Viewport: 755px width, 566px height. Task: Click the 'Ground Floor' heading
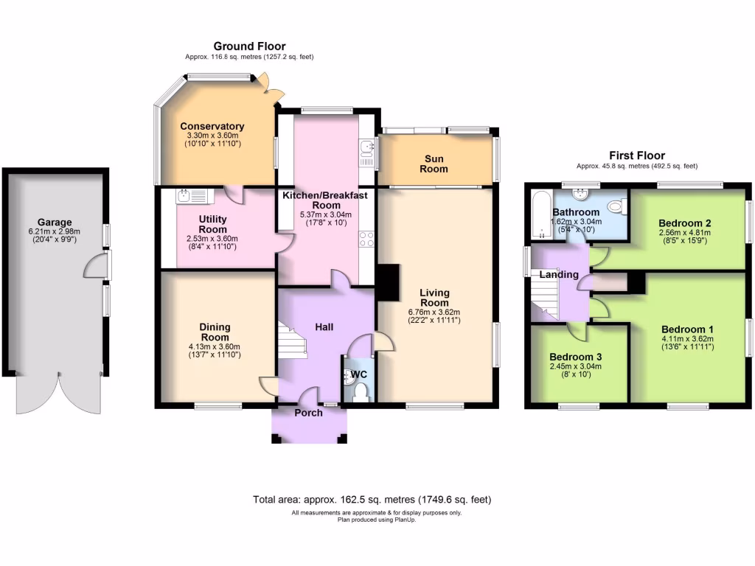pos(249,46)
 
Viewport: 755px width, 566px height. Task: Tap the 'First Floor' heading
pos(636,156)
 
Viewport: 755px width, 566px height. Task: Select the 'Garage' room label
pos(55,221)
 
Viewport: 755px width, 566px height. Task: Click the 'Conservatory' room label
pos(212,126)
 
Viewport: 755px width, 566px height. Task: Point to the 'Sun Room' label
pos(434,164)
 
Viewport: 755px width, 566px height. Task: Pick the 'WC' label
pos(359,374)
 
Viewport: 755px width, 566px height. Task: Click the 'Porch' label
pos(308,413)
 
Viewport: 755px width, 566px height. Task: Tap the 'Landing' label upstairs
pos(559,274)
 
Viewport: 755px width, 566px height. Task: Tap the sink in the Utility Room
pos(186,195)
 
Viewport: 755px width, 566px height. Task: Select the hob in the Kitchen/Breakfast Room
pos(366,239)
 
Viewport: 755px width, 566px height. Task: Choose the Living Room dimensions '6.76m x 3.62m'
pos(434,312)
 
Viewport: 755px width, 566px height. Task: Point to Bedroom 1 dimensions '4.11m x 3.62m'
pos(687,339)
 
